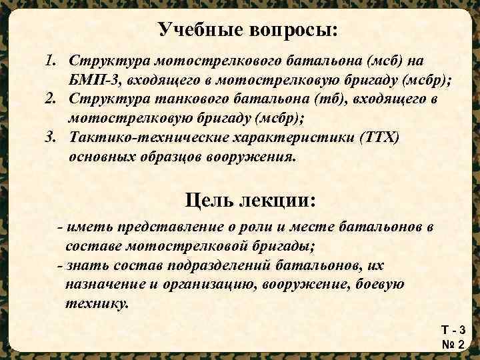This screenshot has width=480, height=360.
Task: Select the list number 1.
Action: [51, 61]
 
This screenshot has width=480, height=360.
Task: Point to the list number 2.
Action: [51, 100]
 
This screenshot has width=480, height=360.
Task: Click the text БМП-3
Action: [92, 81]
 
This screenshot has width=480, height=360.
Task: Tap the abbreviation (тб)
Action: [350, 100]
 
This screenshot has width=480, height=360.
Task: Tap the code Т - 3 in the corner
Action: [453, 330]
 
